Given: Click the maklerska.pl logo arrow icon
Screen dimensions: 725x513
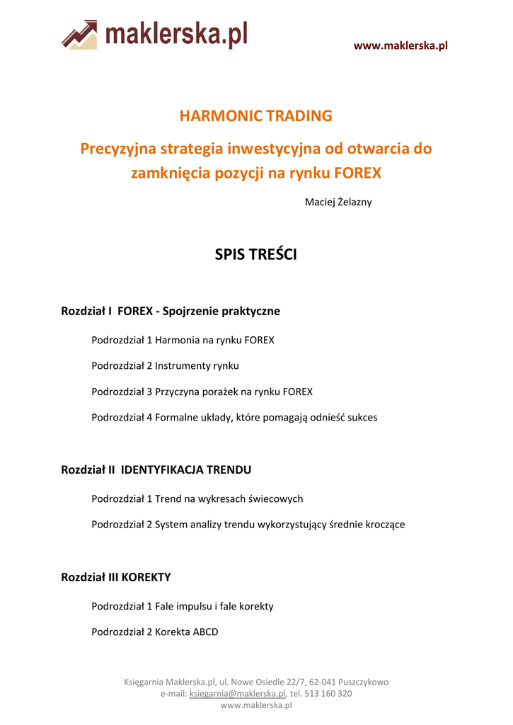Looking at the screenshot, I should coord(79,34).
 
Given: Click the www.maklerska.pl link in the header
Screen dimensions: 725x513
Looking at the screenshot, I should coord(400,46).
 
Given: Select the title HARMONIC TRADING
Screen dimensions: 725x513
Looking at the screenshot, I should coord(255,116).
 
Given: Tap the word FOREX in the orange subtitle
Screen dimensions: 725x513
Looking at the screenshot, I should coord(357,173).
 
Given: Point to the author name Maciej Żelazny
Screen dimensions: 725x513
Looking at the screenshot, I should coord(338,202).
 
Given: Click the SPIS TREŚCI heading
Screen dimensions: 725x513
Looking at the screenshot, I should coord(255,255).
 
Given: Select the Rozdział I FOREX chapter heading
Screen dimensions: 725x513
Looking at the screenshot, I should coord(171,311).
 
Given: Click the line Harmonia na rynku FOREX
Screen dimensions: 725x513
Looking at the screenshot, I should coord(214,341).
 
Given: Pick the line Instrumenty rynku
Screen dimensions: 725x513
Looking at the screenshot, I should coord(197,366).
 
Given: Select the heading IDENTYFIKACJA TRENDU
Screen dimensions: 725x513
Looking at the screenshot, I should coord(186,469).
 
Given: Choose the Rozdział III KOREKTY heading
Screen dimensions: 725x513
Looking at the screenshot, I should coord(116,577).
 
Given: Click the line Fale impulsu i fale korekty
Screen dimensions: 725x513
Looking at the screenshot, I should coord(214,607).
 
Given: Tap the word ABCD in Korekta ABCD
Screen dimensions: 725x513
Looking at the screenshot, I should coord(205,632).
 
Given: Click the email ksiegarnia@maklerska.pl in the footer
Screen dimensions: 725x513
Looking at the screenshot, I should coord(237,694).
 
